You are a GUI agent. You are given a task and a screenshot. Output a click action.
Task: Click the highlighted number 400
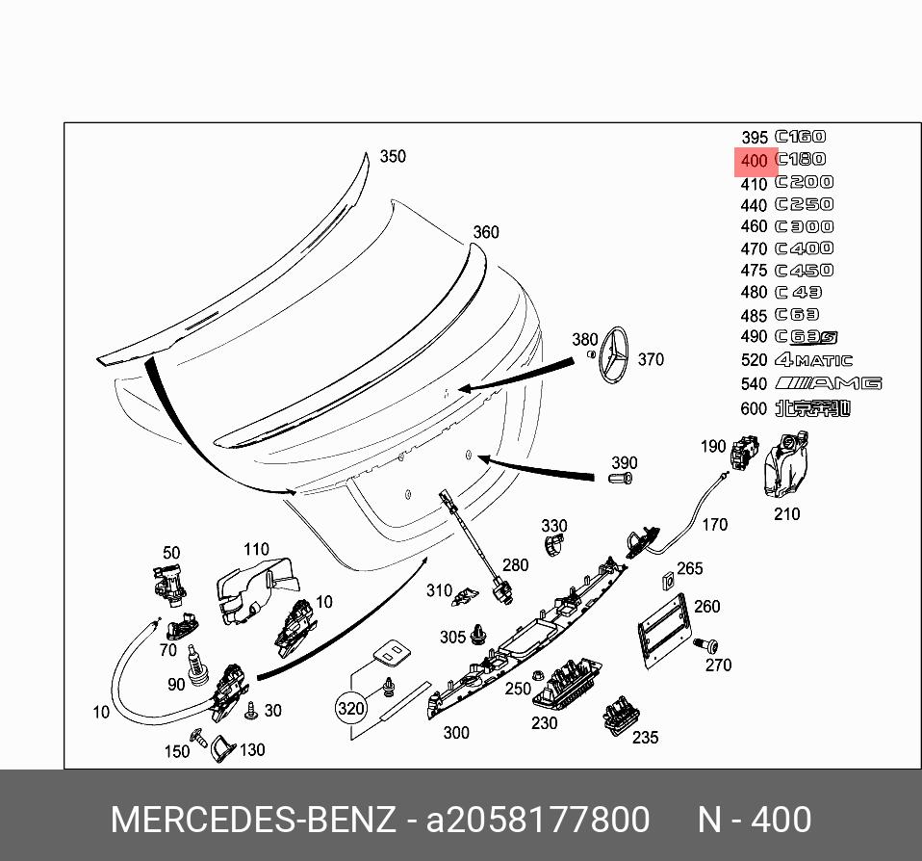pyautogui.click(x=755, y=161)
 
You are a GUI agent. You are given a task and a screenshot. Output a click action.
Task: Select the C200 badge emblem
pyautogui.click(x=805, y=182)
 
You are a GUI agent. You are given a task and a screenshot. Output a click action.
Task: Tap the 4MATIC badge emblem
pyautogui.click(x=813, y=360)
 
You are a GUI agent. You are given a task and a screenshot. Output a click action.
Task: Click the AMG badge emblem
pyautogui.click(x=828, y=383)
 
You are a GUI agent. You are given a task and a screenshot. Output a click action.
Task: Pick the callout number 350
pyautogui.click(x=393, y=157)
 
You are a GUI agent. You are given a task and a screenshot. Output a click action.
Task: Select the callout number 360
pyautogui.click(x=486, y=232)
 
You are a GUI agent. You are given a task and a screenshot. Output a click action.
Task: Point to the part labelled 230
pyautogui.click(x=566, y=684)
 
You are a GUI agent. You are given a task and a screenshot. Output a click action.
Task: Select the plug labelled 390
pyautogui.click(x=623, y=476)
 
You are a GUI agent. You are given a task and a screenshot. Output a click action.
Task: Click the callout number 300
pyautogui.click(x=456, y=733)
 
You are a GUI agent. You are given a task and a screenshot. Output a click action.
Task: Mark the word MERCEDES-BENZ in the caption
pyautogui.click(x=253, y=821)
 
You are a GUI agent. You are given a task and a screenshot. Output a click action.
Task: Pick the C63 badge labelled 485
pyautogui.click(x=798, y=315)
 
